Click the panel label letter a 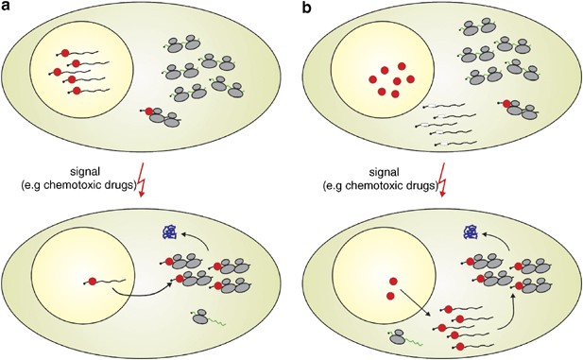coord(7,8)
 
